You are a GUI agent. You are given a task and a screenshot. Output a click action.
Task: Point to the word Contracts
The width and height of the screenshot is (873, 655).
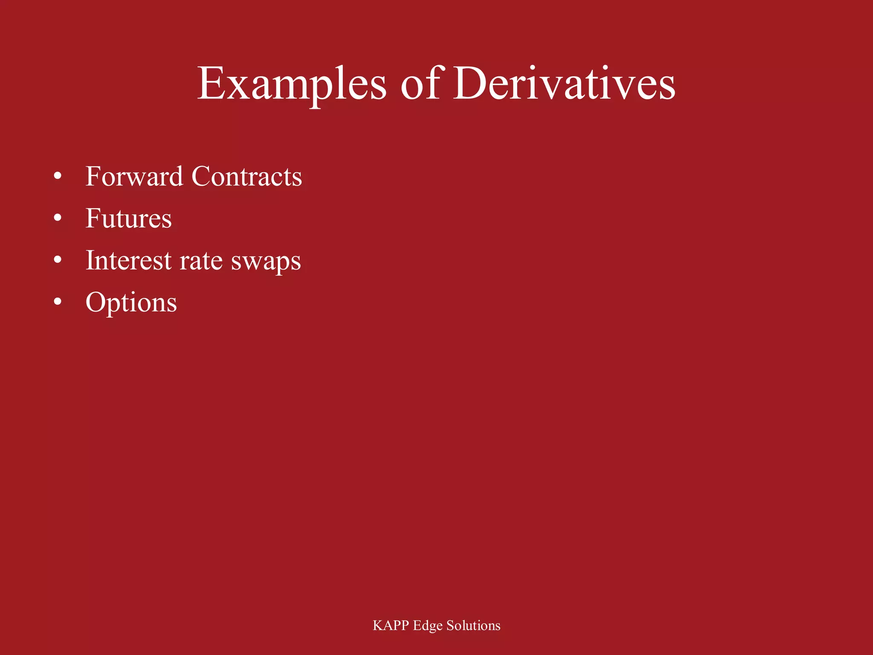(x=247, y=176)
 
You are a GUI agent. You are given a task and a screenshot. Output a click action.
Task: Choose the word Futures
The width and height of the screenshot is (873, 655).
(x=129, y=218)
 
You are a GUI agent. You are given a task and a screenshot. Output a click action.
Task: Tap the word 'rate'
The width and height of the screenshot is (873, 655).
(x=201, y=261)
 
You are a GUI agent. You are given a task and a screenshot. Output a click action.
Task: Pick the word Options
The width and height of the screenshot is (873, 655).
(x=131, y=303)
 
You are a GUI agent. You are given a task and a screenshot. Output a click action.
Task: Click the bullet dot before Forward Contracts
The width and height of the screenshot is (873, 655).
(x=58, y=176)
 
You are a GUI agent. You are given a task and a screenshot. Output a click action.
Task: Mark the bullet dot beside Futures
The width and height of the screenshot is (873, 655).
(x=58, y=218)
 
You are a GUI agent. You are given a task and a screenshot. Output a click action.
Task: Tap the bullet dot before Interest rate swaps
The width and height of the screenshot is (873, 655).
(x=58, y=260)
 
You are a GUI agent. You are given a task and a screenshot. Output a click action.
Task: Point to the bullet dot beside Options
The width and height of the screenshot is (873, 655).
(x=58, y=302)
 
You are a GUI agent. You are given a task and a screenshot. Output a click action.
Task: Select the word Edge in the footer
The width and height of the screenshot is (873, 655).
(x=428, y=626)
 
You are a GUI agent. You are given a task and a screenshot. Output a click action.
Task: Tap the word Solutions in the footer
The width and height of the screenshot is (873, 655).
(x=473, y=626)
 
